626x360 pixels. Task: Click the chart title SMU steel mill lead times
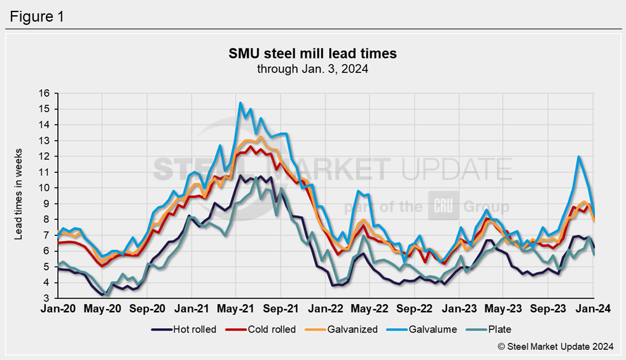pos(312,53)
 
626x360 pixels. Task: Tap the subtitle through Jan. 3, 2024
pos(312,68)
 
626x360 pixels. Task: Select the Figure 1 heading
pos(36,17)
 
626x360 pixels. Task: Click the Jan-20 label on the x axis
pos(59,309)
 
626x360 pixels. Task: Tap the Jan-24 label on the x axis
pos(593,309)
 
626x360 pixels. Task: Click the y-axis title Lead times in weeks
pos(18,196)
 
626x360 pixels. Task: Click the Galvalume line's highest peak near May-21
pos(240,102)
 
